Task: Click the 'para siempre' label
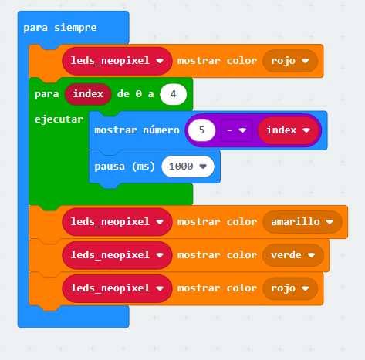click(60, 28)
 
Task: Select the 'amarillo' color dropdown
click(302, 222)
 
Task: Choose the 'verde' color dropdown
click(293, 255)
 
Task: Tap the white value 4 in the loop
click(173, 94)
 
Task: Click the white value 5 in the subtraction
click(201, 130)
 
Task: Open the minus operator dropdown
click(236, 130)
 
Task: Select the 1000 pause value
click(188, 167)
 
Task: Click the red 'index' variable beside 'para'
click(88, 94)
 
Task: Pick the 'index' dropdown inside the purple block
click(289, 130)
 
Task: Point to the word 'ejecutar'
click(59, 119)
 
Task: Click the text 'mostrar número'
click(137, 130)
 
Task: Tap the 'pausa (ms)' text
click(125, 167)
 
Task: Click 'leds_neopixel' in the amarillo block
click(117, 222)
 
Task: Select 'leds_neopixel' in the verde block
click(117, 255)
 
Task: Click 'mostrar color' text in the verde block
click(217, 255)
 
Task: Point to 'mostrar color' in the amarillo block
click(217, 222)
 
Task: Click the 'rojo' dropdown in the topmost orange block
click(290, 61)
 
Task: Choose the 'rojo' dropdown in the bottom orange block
click(290, 288)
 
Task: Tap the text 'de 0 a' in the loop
click(135, 94)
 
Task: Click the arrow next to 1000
click(203, 167)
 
